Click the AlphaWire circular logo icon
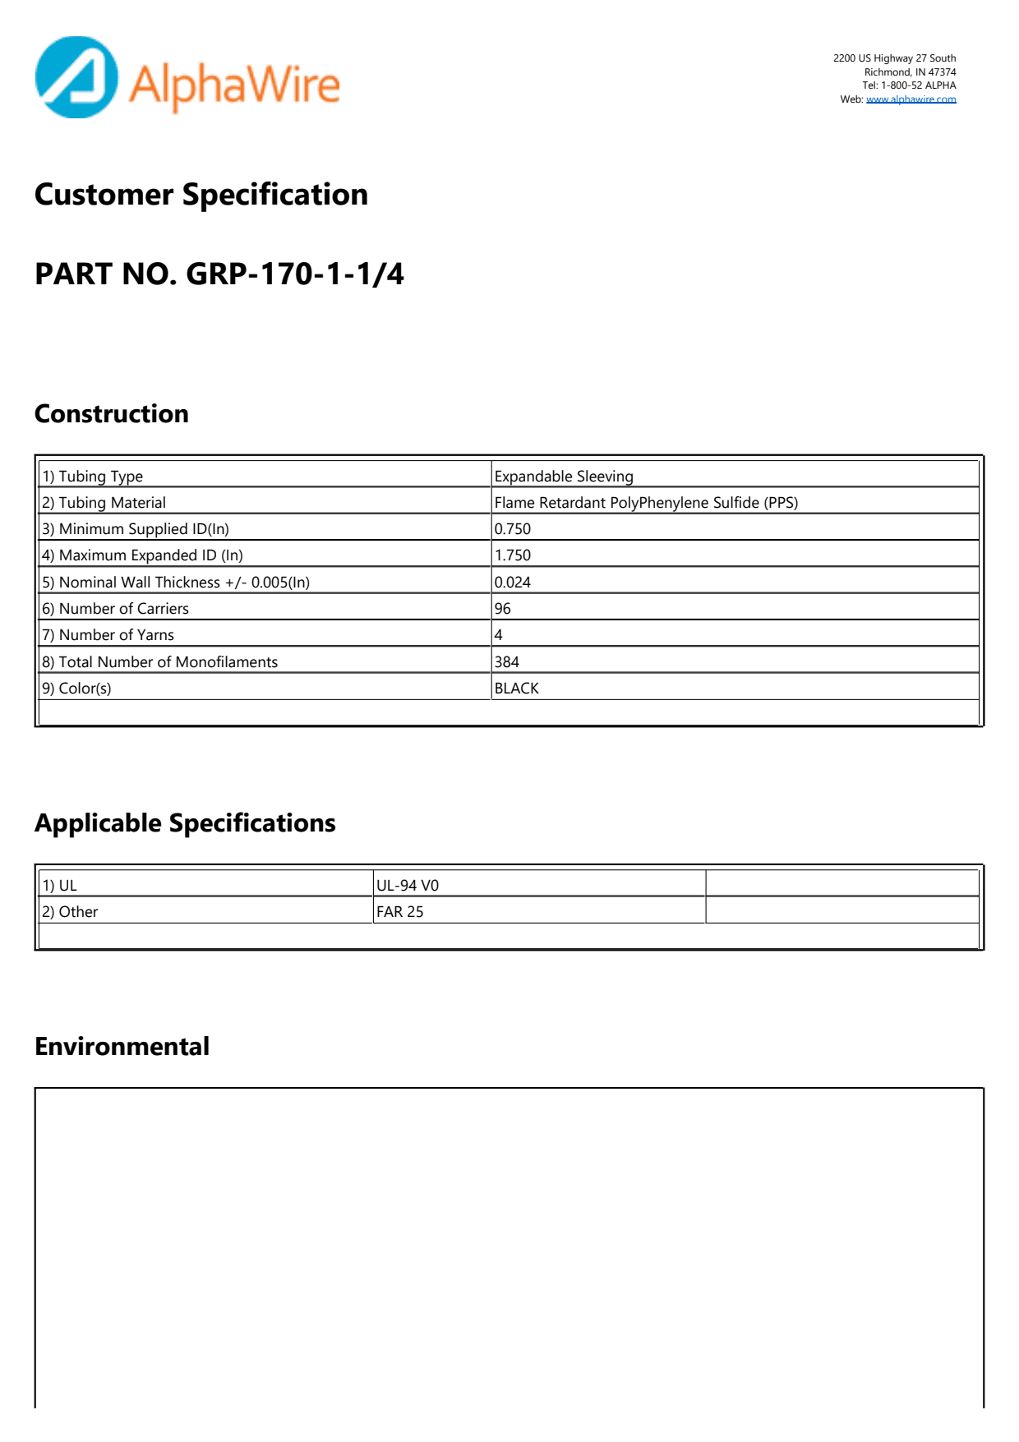[x=76, y=77]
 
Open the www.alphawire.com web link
[x=911, y=99]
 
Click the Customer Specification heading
[x=201, y=195]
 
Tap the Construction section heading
[x=112, y=413]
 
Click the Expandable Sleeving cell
[x=564, y=477]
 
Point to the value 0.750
[x=513, y=529]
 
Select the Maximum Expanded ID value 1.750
[x=513, y=555]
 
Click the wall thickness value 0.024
[x=513, y=583]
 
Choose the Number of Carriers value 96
[x=503, y=609]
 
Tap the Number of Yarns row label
[x=108, y=635]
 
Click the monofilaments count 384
[x=507, y=662]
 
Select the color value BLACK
[x=517, y=689]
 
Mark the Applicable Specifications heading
[x=185, y=822]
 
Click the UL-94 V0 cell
[x=408, y=886]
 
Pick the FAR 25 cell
[x=400, y=912]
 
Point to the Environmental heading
[x=122, y=1046]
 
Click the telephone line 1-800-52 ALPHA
[x=909, y=85]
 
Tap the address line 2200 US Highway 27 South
[x=894, y=58]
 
